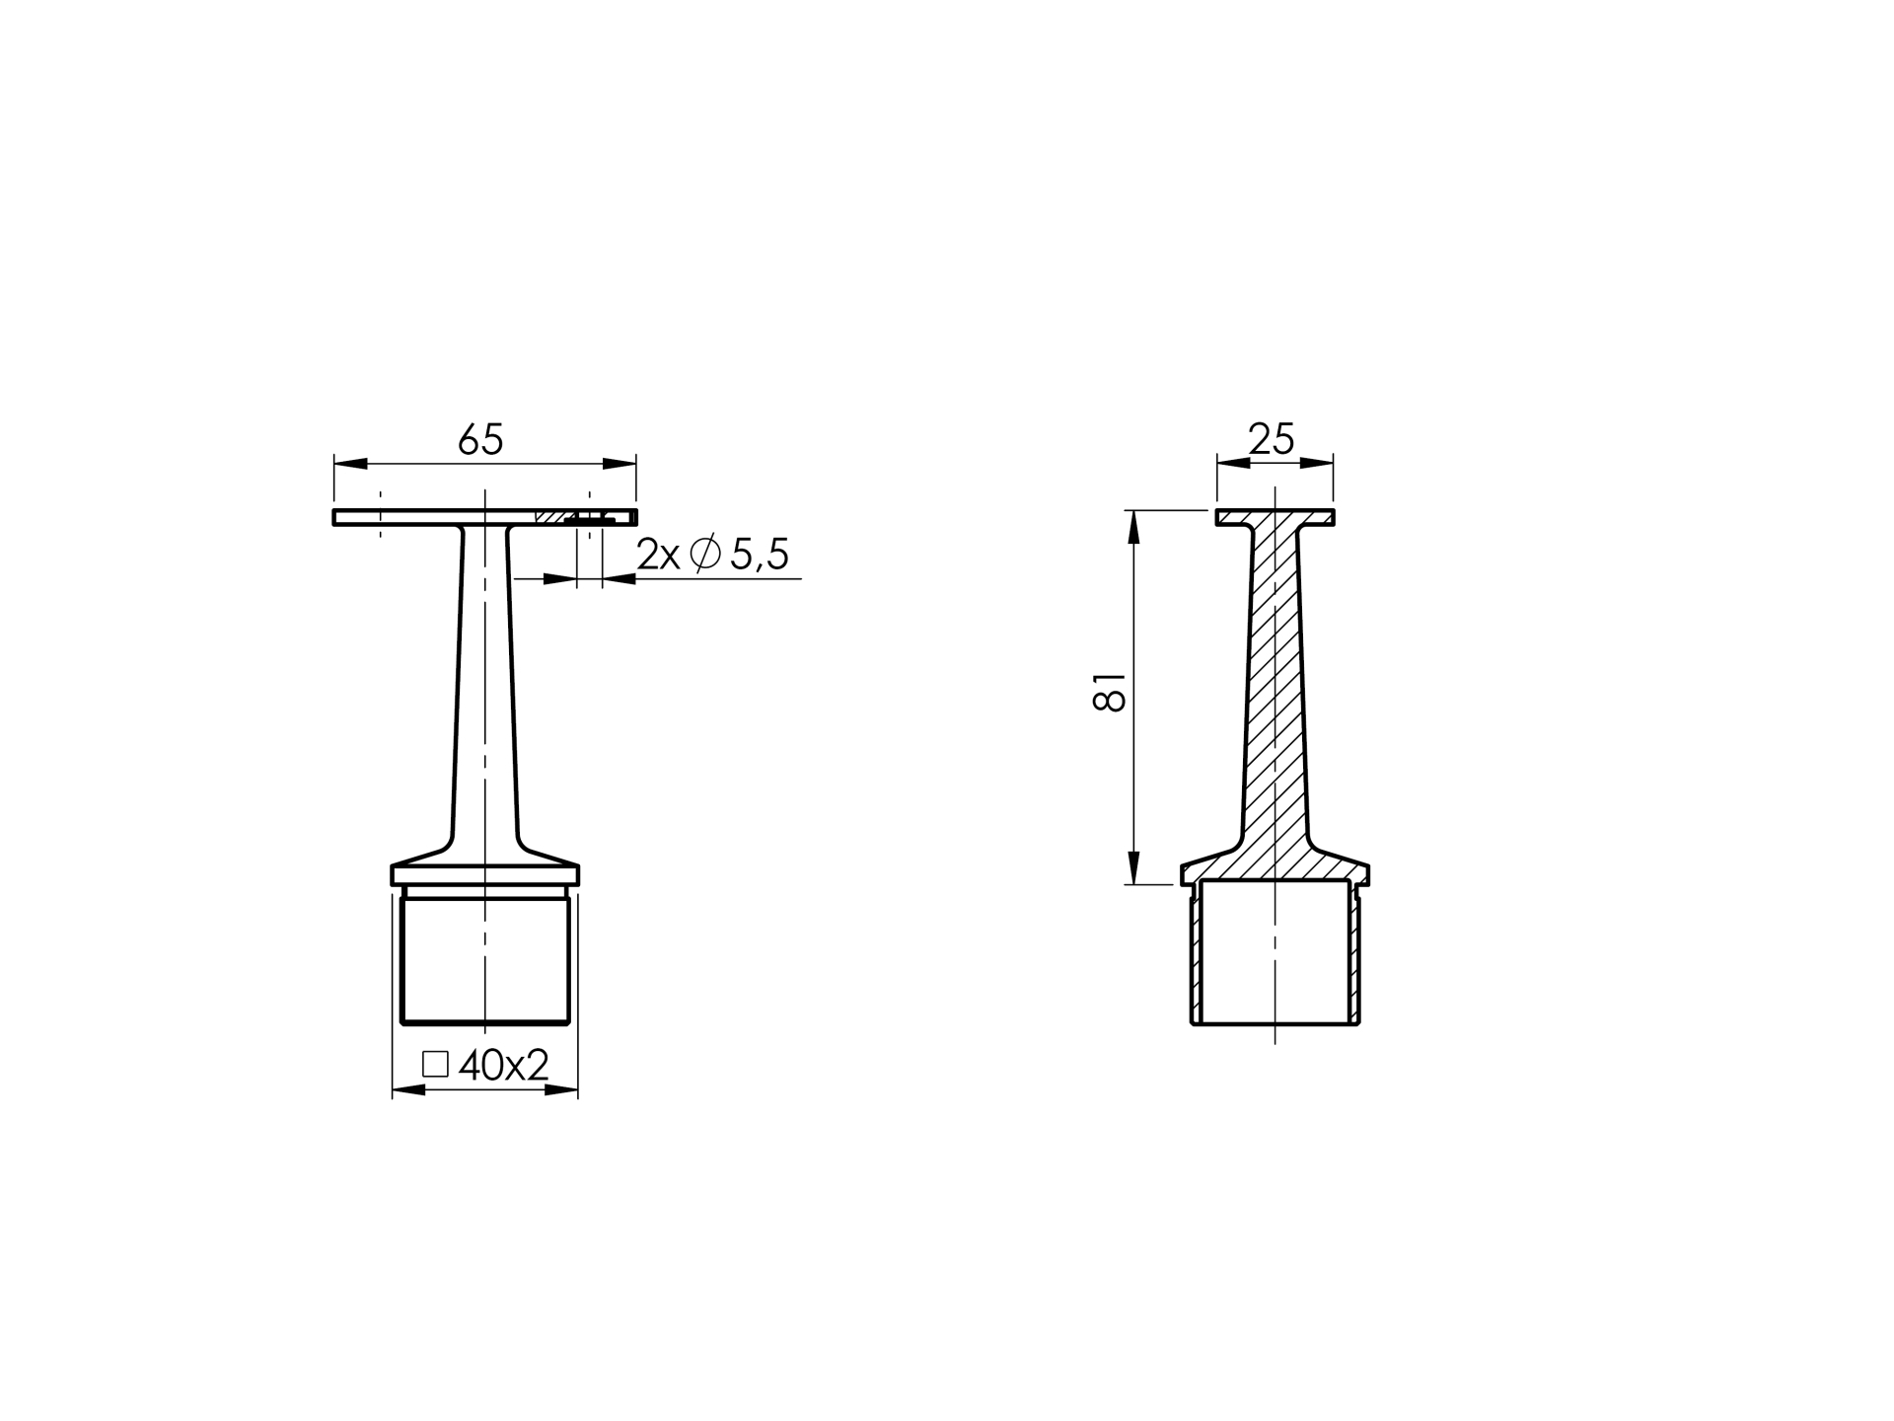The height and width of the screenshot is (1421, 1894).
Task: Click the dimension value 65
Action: (481, 440)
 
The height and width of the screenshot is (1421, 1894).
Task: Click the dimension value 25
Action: (1271, 439)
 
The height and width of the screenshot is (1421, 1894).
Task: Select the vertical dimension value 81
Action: (1110, 693)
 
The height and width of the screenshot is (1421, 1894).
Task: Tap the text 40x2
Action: (503, 1065)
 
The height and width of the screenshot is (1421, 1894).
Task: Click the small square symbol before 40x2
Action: (435, 1064)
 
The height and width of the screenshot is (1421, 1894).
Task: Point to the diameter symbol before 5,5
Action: (704, 554)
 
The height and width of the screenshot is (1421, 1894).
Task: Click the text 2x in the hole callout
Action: (658, 556)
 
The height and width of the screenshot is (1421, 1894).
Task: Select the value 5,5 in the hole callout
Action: (759, 556)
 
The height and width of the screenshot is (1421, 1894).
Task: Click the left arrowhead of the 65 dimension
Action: (350, 463)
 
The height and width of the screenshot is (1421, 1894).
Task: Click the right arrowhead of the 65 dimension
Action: (619, 463)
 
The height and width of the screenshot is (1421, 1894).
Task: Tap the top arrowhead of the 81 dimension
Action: (1133, 527)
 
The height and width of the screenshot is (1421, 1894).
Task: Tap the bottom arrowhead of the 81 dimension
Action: (1133, 867)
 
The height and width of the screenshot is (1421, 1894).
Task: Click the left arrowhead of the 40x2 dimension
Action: (409, 1089)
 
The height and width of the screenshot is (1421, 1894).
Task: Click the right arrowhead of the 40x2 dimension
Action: (561, 1089)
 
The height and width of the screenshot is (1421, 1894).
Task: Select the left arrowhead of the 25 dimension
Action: (1233, 463)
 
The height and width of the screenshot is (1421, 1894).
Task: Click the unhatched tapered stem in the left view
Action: (484, 691)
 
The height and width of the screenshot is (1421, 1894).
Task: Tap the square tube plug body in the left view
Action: (484, 957)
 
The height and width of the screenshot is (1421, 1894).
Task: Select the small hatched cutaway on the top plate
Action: (552, 517)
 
